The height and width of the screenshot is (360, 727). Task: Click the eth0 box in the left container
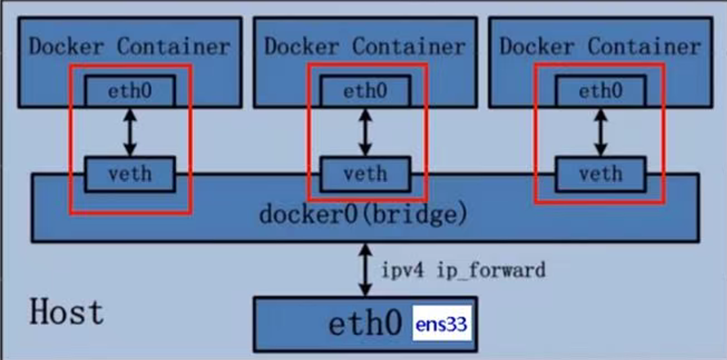pos(129,91)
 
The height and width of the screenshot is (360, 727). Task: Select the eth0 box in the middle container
pos(365,91)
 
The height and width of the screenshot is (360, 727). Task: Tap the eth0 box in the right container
pos(600,91)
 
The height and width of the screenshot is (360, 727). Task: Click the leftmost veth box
pos(129,174)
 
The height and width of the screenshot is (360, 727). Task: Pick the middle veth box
pos(365,174)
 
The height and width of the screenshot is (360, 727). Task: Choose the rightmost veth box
pos(600,174)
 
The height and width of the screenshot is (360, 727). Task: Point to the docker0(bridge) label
pos(363,215)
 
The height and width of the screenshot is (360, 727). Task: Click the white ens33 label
pos(441,325)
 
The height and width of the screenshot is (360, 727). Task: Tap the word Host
pos(67,312)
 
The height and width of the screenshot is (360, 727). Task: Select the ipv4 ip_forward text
pos(463,270)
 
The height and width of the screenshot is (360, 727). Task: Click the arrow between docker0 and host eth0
pos(365,270)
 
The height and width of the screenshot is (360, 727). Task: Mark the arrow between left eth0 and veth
pos(129,132)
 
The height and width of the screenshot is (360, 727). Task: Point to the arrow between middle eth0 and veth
pos(365,132)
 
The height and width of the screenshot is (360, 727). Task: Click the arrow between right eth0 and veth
pos(600,132)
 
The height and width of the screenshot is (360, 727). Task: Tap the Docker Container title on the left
pos(129,47)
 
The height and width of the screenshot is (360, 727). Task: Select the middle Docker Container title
pos(365,47)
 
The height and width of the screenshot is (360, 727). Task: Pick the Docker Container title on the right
pos(600,47)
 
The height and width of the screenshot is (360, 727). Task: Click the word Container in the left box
pos(174,47)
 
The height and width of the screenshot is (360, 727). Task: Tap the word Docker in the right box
pos(536,47)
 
